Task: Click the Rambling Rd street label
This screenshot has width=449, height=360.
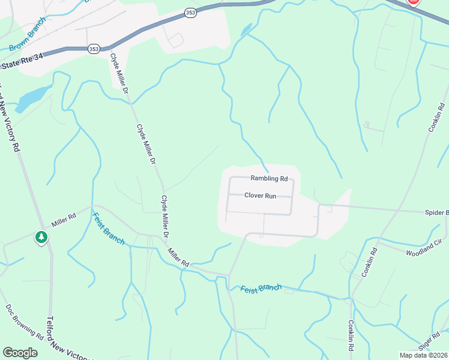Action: pos(269,178)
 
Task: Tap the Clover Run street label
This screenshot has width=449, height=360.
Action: pos(260,195)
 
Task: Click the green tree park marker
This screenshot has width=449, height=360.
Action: pos(41,238)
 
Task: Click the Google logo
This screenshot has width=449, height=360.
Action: pos(20,352)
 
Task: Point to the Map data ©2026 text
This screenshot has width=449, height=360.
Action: pos(422,355)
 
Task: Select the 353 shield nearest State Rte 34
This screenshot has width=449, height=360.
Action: pos(94,49)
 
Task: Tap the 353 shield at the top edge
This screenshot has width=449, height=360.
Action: pos(190,13)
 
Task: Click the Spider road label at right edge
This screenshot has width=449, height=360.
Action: pos(436,212)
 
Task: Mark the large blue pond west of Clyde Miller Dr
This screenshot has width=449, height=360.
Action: pos(34,98)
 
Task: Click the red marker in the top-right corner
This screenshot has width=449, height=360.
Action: pos(413,2)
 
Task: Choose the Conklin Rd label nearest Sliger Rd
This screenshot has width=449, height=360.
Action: pos(352,335)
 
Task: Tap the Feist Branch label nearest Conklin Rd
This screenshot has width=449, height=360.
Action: pos(261,289)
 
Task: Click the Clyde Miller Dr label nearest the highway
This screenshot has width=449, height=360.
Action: pos(118,74)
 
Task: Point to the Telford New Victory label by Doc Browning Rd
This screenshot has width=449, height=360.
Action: pos(66,339)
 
